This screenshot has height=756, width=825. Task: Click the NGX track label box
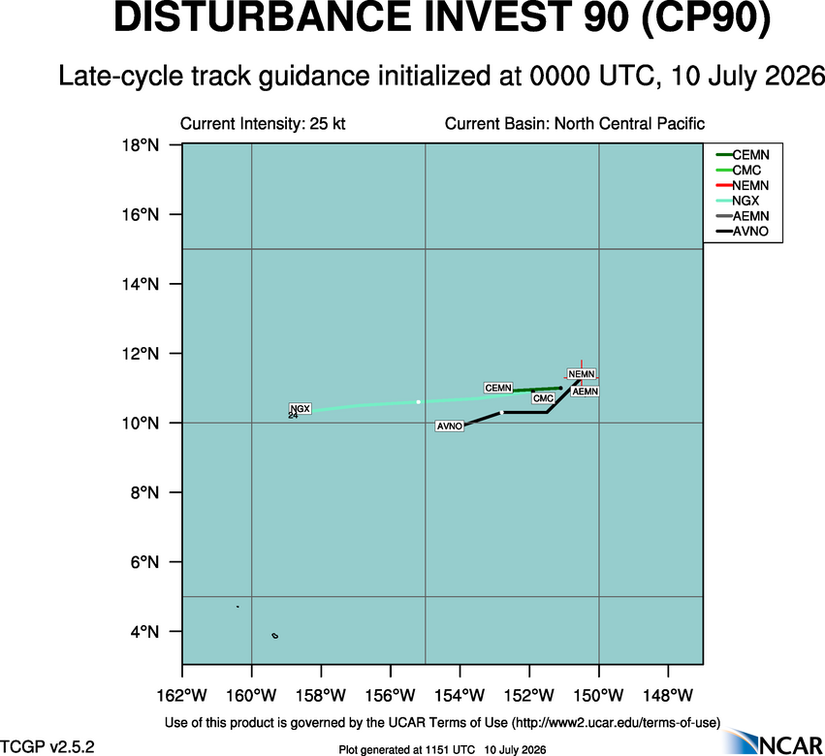tap(301, 408)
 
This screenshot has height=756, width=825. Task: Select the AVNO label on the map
tap(450, 426)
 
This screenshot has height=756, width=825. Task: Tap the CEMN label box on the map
tap(498, 388)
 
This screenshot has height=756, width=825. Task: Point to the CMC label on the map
tap(543, 398)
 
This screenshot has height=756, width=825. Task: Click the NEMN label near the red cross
tap(582, 374)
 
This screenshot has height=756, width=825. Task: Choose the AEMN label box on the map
tap(586, 392)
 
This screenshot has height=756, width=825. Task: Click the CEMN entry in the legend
tap(743, 155)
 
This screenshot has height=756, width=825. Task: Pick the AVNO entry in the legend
tap(742, 231)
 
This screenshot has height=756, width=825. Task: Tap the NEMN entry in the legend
tap(743, 185)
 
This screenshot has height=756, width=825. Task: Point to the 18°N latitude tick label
tap(141, 144)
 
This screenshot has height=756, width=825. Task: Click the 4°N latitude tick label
tap(144, 631)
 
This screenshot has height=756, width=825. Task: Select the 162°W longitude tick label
tap(182, 696)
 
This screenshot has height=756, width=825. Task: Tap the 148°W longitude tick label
tap(668, 696)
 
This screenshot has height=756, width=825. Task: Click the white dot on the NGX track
tap(418, 402)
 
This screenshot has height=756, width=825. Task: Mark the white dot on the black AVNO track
tap(502, 413)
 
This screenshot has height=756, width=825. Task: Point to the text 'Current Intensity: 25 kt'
tap(263, 124)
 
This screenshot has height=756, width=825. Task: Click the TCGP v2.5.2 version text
tap(48, 746)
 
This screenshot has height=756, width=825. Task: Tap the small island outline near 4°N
tap(275, 636)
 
